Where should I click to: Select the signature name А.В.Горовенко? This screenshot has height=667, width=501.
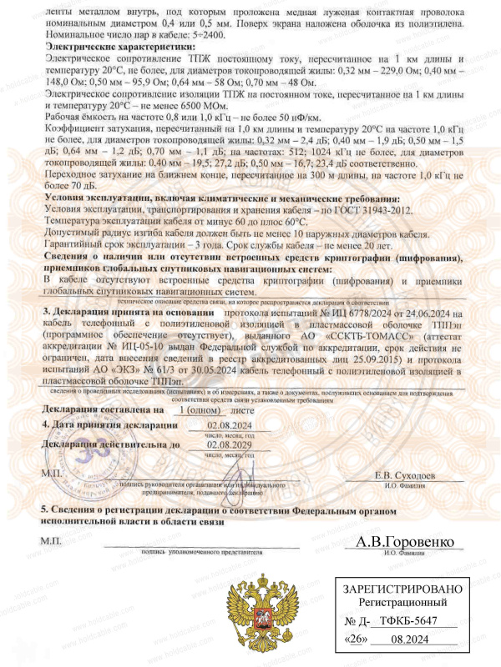pyautogui.click(x=406, y=543)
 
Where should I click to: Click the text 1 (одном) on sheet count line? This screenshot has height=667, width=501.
pyautogui.click(x=201, y=409)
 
